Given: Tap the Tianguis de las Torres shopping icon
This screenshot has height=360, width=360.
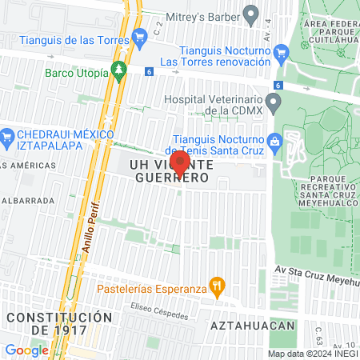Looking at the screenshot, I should tap(140, 34).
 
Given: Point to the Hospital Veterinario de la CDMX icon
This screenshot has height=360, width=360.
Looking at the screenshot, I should tap(274, 102).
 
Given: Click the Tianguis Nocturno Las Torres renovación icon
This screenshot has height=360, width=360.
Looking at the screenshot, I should tap(281, 54).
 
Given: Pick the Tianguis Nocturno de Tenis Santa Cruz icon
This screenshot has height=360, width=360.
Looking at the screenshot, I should tap(274, 140).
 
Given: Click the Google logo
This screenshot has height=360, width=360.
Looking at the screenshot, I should tap(26, 350).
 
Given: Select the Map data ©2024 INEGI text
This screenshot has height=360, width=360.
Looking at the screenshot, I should tap(313, 354).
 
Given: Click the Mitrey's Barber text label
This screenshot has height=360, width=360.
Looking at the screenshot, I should tap(204, 14).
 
